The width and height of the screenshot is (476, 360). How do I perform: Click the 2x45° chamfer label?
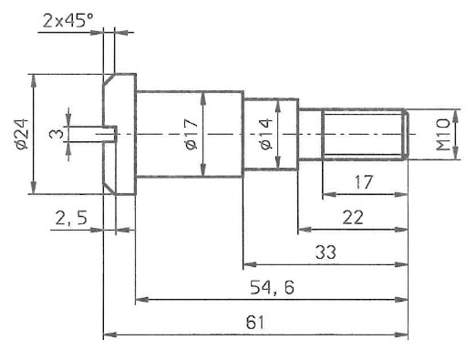click(67, 21)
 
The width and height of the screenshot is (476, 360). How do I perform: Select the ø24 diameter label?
click(22, 134)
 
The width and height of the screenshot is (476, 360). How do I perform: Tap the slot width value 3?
click(57, 134)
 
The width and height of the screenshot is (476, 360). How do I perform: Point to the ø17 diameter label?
click(191, 134)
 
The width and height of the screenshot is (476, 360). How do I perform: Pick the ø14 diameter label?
click(266, 134)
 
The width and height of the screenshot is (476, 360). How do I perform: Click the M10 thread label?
click(442, 134)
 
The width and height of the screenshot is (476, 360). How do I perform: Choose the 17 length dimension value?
click(363, 182)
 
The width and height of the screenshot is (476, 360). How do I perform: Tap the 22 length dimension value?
click(353, 218)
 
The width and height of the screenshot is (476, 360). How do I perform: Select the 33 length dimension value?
click(326, 252)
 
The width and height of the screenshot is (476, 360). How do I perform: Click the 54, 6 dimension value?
click(272, 287)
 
